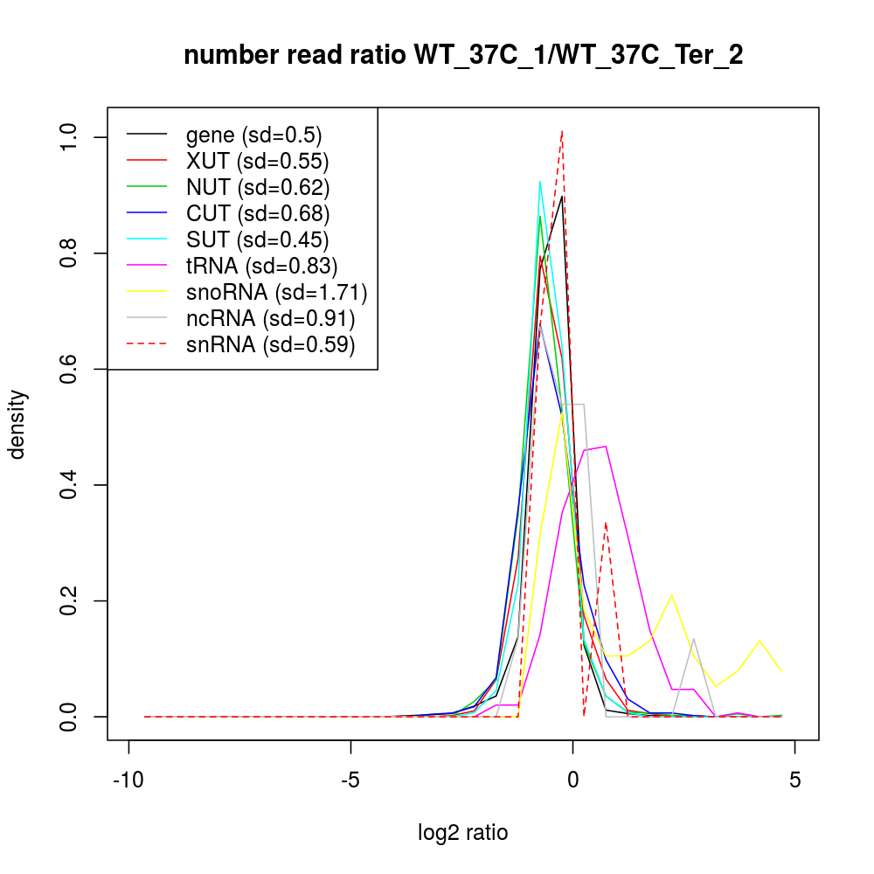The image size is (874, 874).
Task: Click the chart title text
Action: [463, 56]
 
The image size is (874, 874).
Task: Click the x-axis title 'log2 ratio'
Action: [463, 832]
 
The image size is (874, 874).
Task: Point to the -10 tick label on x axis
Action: [129, 780]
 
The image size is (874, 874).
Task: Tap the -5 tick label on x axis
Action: [350, 780]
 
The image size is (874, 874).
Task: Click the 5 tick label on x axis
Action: [794, 780]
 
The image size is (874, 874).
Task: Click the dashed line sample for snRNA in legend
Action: [147, 344]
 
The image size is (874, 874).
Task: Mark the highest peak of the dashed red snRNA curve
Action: [562, 132]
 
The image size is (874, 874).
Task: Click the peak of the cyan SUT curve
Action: [540, 182]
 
